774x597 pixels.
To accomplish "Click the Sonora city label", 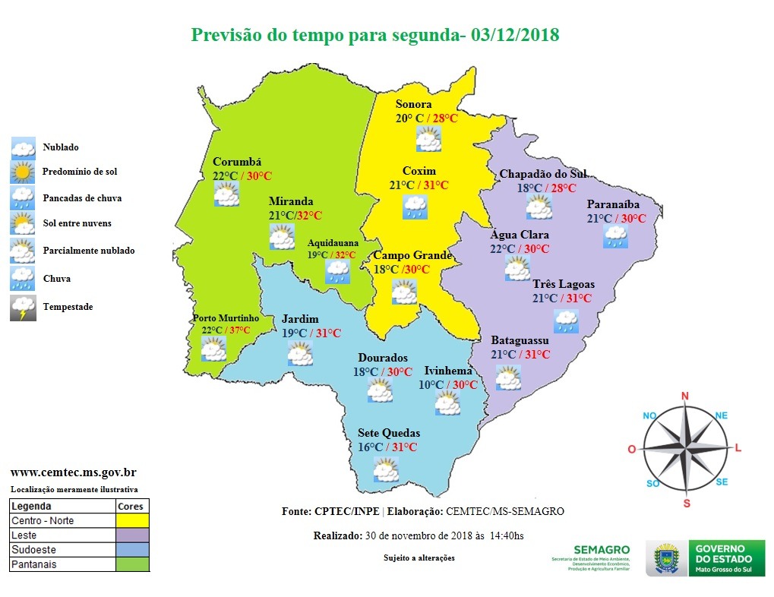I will pyautogui.click(x=413, y=104).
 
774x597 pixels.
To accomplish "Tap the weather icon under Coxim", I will pyautogui.click(x=415, y=207).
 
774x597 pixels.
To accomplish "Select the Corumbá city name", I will pyautogui.click(x=236, y=162).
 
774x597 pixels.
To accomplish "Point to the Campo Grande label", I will pyautogui.click(x=412, y=255).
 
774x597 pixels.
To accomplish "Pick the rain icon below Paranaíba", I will pyautogui.click(x=615, y=236).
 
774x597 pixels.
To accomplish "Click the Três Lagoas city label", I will pyautogui.click(x=563, y=284).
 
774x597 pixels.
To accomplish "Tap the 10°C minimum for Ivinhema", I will pyautogui.click(x=431, y=385).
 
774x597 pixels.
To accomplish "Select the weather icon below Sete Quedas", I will pyautogui.click(x=387, y=469).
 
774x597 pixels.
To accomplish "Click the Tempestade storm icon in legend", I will pyautogui.click(x=22, y=307).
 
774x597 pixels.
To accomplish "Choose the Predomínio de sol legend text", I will pyautogui.click(x=80, y=172).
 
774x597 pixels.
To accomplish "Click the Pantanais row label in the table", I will pyautogui.click(x=34, y=564).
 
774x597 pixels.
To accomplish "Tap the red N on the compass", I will pyautogui.click(x=684, y=396).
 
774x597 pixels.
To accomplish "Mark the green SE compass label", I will pyautogui.click(x=722, y=482).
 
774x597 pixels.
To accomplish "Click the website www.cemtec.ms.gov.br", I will pyautogui.click(x=73, y=472).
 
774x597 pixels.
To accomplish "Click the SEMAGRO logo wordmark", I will pyautogui.click(x=602, y=549).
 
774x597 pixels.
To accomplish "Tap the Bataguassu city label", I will pyautogui.click(x=520, y=340).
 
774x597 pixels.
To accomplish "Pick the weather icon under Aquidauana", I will pyautogui.click(x=337, y=271).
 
